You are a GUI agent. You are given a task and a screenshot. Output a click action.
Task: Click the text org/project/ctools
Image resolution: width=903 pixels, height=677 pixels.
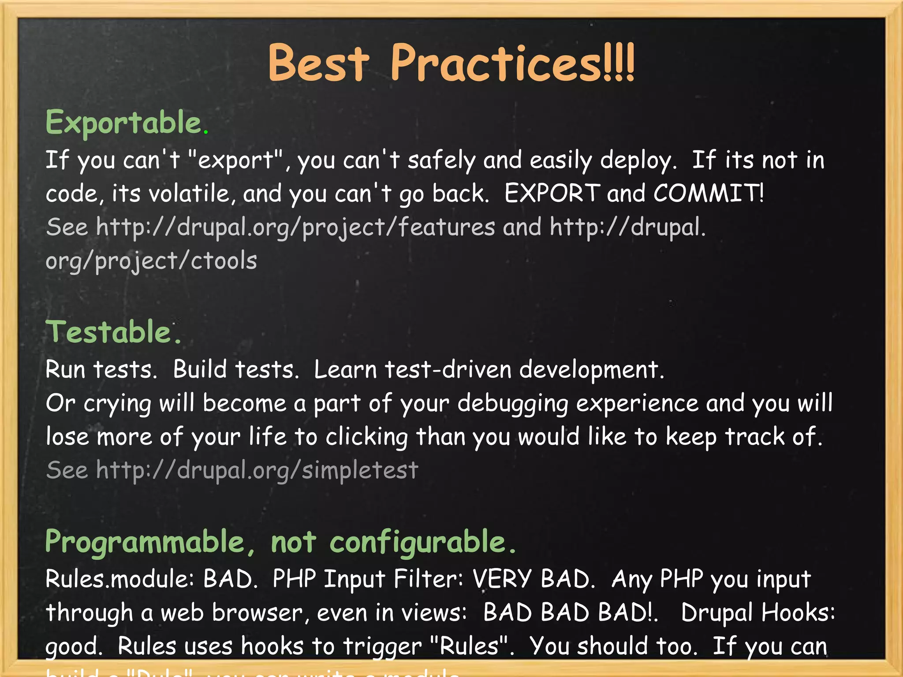pyautogui.click(x=151, y=261)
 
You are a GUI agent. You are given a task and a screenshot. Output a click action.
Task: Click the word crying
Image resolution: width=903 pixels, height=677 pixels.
pyautogui.click(x=117, y=404)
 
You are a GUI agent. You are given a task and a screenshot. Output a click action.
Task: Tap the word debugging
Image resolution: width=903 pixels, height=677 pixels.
pyautogui.click(x=512, y=404)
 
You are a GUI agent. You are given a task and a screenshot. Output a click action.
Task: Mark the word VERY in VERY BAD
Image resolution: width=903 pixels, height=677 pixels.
pyautogui.click(x=502, y=579)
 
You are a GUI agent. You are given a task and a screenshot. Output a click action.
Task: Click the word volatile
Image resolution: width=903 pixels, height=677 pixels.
pyautogui.click(x=189, y=193)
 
